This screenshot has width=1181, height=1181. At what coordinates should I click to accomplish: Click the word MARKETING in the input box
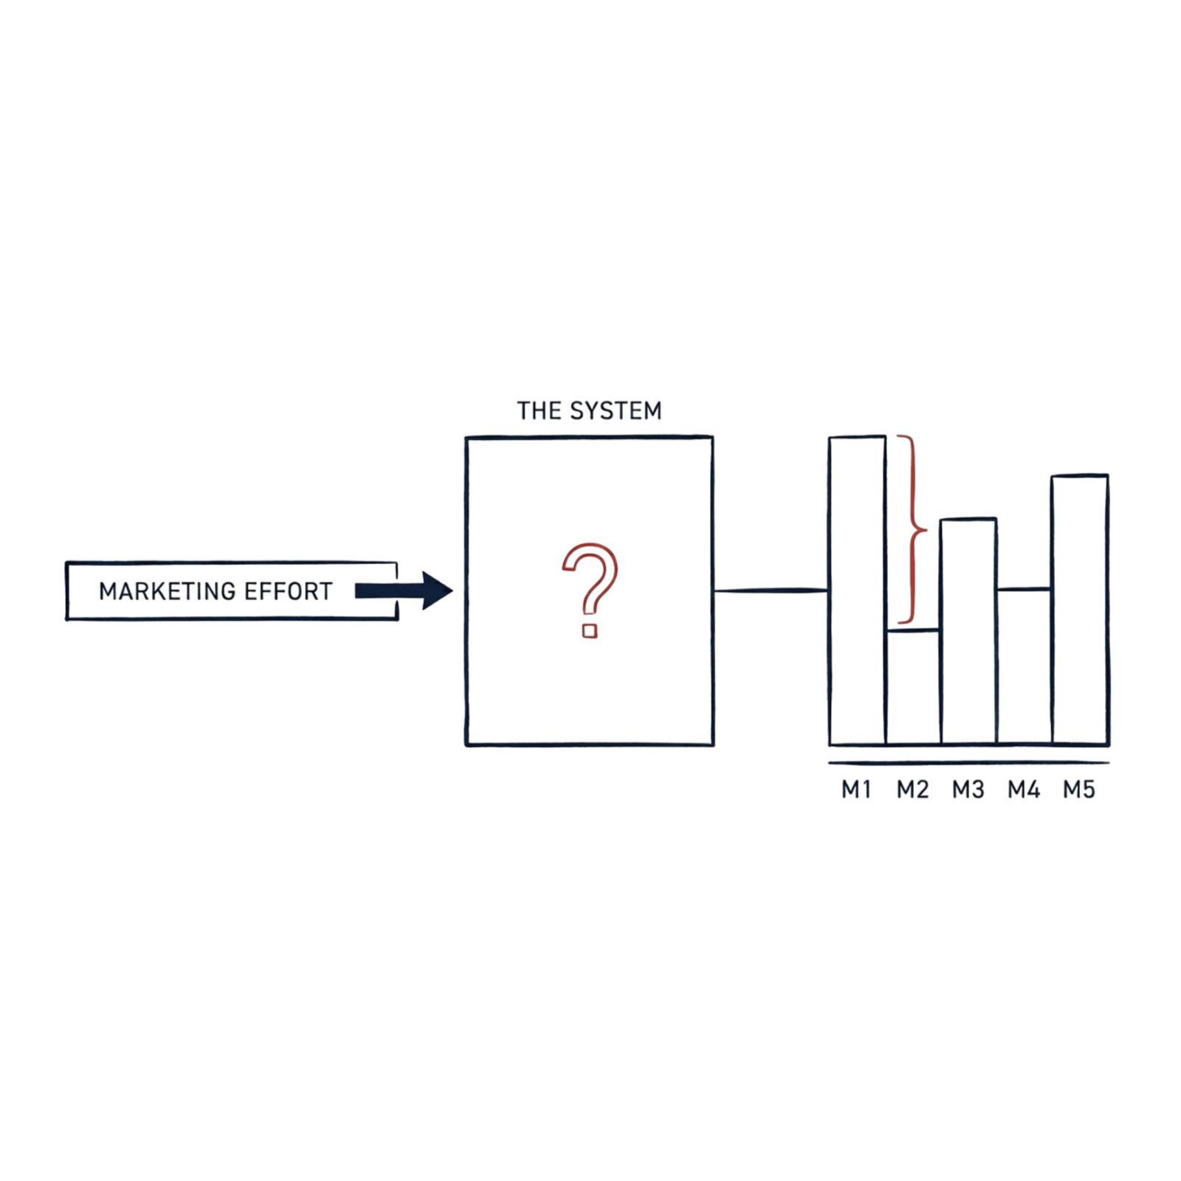click(168, 591)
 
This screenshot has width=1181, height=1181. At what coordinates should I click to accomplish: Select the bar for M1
click(857, 590)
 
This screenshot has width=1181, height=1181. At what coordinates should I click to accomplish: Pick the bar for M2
click(913, 686)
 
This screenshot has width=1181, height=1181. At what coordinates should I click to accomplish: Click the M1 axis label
click(856, 790)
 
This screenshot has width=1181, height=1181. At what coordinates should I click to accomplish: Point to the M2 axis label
click(912, 790)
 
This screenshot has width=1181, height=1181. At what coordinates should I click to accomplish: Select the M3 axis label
click(968, 790)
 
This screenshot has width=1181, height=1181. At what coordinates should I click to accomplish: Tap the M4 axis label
click(1024, 790)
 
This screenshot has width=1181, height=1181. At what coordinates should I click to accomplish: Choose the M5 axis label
click(1079, 790)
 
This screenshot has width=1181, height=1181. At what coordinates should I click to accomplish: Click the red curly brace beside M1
click(915, 528)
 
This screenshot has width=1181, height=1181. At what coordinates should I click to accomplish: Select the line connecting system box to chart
click(771, 590)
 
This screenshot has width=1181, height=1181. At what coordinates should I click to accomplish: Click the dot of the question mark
click(589, 631)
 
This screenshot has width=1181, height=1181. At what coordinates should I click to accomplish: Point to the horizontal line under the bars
click(968, 762)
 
